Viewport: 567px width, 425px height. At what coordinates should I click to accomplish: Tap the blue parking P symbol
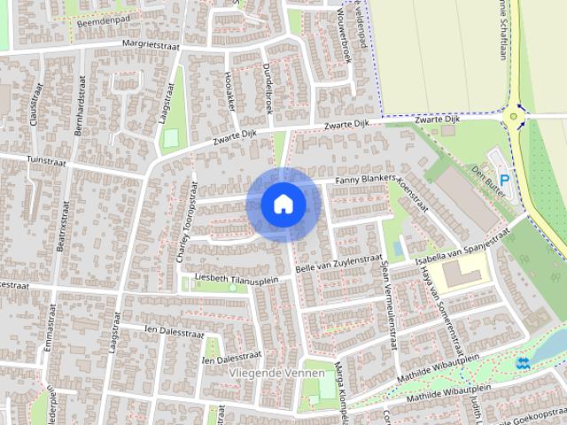504,180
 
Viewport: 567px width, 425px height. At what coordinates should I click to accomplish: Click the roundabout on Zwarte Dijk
513,116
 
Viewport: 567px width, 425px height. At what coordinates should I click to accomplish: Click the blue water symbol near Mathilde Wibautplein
522,362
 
